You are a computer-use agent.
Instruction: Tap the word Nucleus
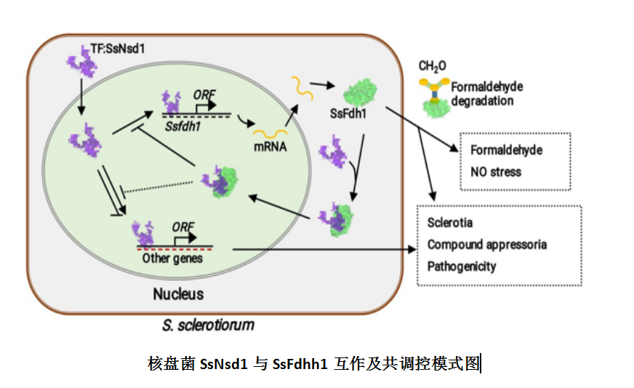tap(177, 295)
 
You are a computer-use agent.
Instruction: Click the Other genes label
tap(172, 258)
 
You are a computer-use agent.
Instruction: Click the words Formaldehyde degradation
tap(485, 93)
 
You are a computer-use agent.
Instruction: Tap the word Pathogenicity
tap(462, 266)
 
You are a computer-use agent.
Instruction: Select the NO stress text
tap(495, 173)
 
